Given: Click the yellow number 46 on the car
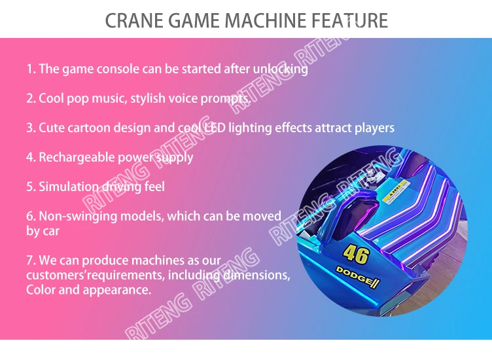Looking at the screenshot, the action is pyautogui.click(x=356, y=254).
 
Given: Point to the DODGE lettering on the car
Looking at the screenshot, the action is pyautogui.click(x=358, y=276).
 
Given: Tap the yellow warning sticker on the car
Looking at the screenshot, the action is pyautogui.click(x=395, y=192).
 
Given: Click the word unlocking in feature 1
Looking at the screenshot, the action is pyautogui.click(x=280, y=69).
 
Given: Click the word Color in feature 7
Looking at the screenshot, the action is pyautogui.click(x=41, y=289).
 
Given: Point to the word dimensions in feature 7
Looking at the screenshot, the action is pyautogui.click(x=256, y=276).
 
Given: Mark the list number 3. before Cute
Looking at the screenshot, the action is pyautogui.click(x=31, y=128).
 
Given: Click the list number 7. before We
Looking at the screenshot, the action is pyautogui.click(x=31, y=261).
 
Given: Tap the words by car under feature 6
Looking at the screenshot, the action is pyautogui.click(x=43, y=231).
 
